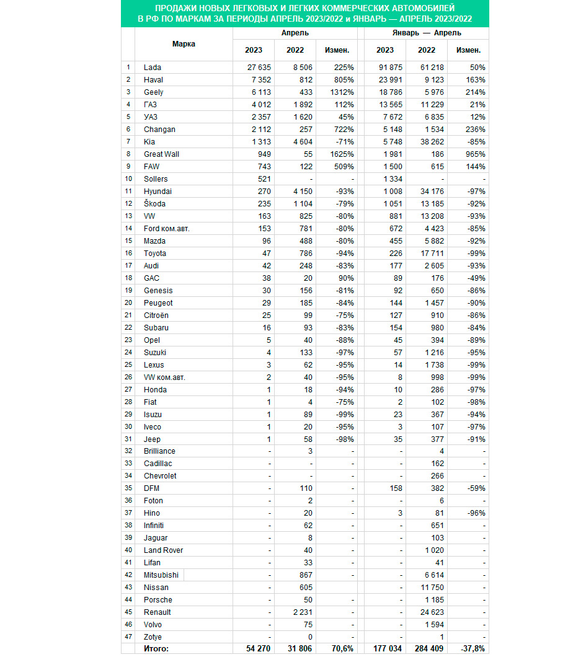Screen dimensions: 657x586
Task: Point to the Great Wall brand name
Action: pos(161,154)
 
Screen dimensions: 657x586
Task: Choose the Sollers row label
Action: pos(156,179)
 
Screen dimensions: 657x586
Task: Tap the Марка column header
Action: pos(184,44)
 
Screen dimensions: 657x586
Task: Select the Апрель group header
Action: pos(295,32)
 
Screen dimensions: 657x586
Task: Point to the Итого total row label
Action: pos(158,649)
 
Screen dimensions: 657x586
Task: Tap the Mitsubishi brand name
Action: pos(161,575)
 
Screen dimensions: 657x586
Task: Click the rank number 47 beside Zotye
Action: pos(128,637)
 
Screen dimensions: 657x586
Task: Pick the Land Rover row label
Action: pos(163,550)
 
